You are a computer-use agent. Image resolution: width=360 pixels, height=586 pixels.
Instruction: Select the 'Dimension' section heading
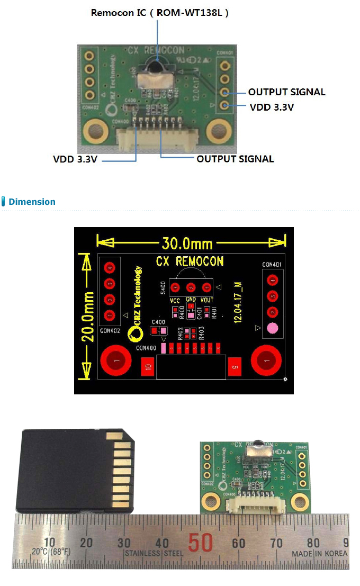(32, 202)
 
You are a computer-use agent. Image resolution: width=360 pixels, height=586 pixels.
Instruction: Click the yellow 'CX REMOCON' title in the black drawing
(190, 262)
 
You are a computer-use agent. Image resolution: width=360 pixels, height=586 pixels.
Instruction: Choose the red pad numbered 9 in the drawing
(234, 366)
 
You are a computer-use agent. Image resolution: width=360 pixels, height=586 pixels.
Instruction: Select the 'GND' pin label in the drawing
(191, 300)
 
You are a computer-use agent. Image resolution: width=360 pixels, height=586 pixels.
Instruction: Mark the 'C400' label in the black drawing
(158, 322)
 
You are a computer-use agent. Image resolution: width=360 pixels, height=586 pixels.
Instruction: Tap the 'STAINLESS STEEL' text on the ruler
(154, 554)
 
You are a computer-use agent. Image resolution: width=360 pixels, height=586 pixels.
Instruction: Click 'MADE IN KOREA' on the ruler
(320, 554)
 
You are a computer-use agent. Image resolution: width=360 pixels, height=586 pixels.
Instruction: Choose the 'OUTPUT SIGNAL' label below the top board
(235, 159)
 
